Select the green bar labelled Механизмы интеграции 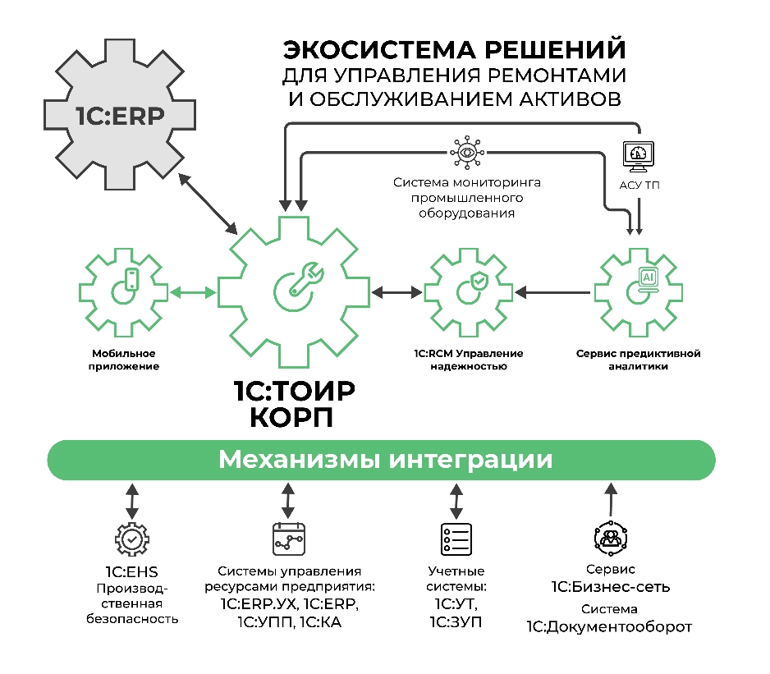click(x=381, y=459)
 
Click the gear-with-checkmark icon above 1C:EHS click(x=131, y=539)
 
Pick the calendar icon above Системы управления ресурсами click(x=288, y=539)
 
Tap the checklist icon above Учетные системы click(x=456, y=539)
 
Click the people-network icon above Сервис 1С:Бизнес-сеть click(x=608, y=539)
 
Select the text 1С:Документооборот click(x=609, y=628)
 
